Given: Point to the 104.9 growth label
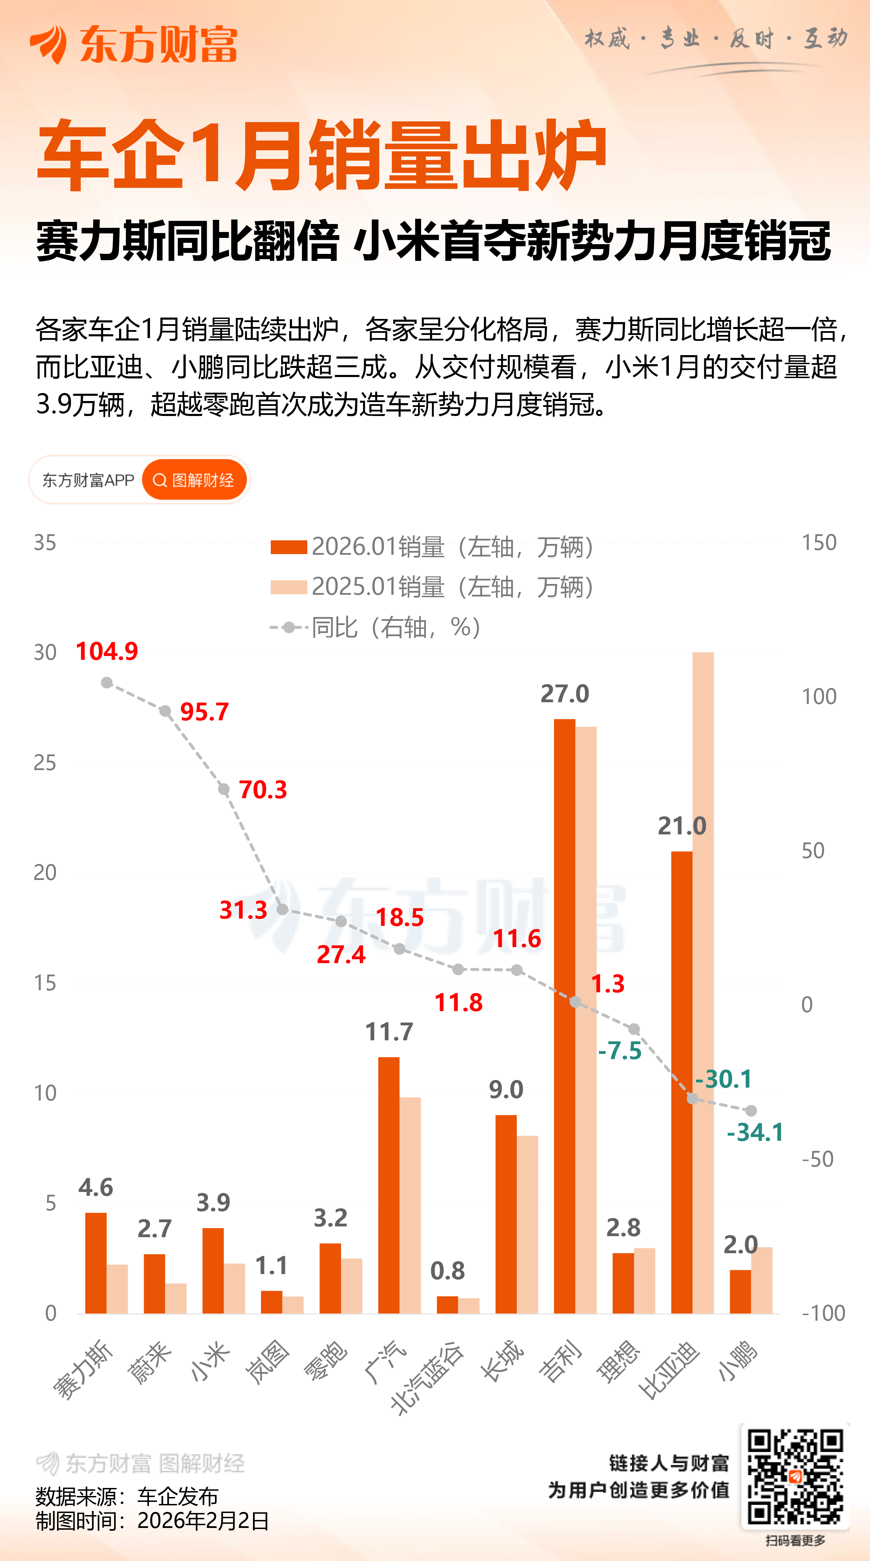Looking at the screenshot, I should (x=107, y=651).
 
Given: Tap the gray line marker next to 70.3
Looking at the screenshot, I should (x=224, y=789).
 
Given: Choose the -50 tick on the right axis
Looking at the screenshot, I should (x=817, y=1159).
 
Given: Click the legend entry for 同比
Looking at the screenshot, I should (x=376, y=627).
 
